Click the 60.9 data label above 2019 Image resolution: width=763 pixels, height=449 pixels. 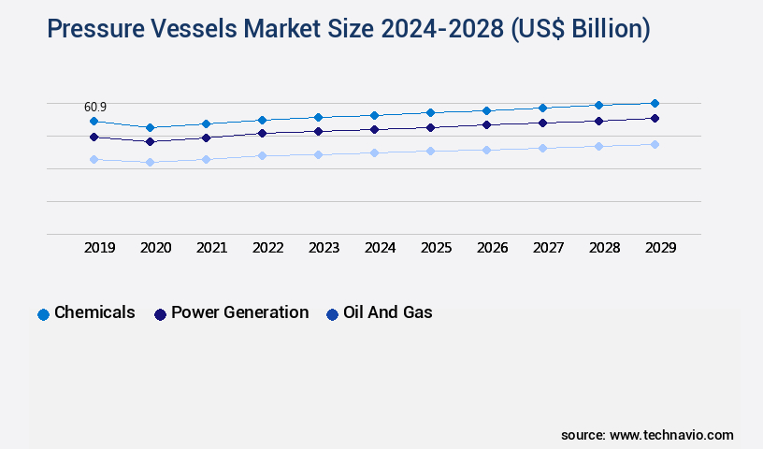95,108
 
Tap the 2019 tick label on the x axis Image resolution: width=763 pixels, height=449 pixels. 100,248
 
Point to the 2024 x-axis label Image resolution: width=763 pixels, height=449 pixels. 381,248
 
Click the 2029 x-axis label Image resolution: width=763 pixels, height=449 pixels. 660,248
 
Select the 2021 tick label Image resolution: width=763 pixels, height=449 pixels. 212,248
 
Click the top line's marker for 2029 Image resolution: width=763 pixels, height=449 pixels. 655,103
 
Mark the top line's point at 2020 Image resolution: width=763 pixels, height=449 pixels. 150,127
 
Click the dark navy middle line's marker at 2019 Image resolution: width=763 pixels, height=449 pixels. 94,137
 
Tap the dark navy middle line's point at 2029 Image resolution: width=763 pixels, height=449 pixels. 655,118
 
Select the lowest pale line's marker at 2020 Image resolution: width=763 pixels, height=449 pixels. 150,162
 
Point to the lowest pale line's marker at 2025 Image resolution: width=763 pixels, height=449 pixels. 430,151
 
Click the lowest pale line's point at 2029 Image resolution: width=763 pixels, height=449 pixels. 655,144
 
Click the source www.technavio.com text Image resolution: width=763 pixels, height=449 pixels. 647,435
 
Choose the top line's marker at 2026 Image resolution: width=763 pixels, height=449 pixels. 486,110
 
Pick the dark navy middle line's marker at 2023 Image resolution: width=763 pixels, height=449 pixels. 318,131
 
